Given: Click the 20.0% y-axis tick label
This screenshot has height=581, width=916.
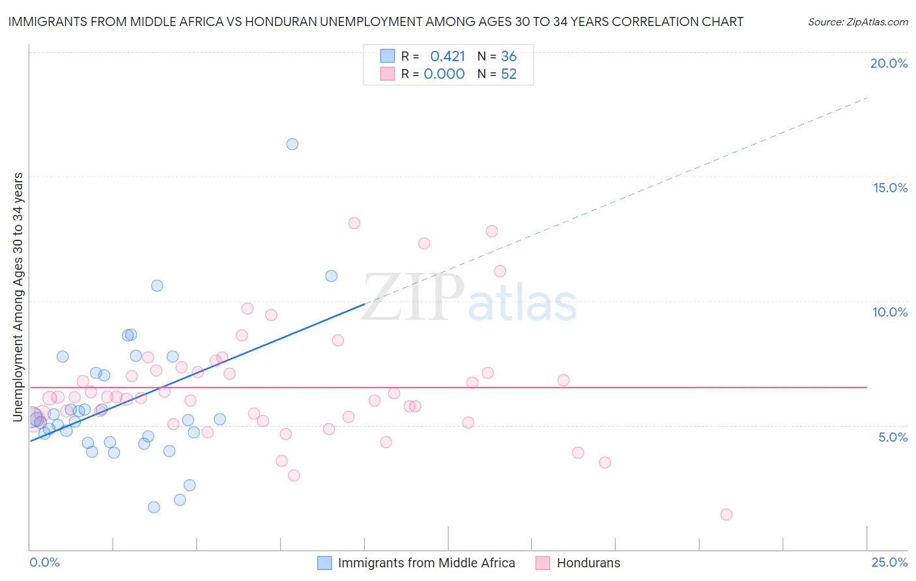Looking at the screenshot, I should (x=889, y=63).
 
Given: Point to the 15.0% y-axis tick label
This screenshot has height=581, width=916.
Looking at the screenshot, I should (x=890, y=188).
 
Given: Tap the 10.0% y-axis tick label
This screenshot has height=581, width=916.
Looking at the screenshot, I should (x=890, y=312).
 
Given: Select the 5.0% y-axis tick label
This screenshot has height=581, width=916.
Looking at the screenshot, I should (x=893, y=437).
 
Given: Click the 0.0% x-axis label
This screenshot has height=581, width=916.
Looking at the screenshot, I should (x=44, y=562).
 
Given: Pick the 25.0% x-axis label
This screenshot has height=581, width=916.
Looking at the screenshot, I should (x=889, y=562).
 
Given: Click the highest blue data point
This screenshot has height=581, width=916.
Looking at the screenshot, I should (x=293, y=144).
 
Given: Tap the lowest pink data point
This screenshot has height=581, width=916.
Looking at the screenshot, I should (x=726, y=515).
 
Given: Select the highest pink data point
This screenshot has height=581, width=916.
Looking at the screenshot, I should (x=354, y=223).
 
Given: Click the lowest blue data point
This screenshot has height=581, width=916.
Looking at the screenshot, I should (x=154, y=507).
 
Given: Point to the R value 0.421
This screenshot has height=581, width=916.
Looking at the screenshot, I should (x=448, y=57).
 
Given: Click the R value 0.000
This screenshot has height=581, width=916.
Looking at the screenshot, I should (x=444, y=74).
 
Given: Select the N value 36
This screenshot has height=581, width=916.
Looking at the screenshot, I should (x=509, y=57).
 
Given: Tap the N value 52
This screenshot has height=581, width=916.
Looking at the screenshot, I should (x=509, y=74).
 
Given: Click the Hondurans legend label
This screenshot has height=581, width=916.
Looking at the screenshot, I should (x=588, y=563).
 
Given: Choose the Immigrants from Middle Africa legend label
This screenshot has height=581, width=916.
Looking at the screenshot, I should (x=426, y=563).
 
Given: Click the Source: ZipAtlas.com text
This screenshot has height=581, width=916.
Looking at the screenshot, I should (x=857, y=22).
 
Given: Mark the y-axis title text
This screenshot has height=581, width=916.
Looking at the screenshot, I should (x=18, y=297).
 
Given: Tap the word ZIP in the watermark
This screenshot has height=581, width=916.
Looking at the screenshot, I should (x=413, y=298).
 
